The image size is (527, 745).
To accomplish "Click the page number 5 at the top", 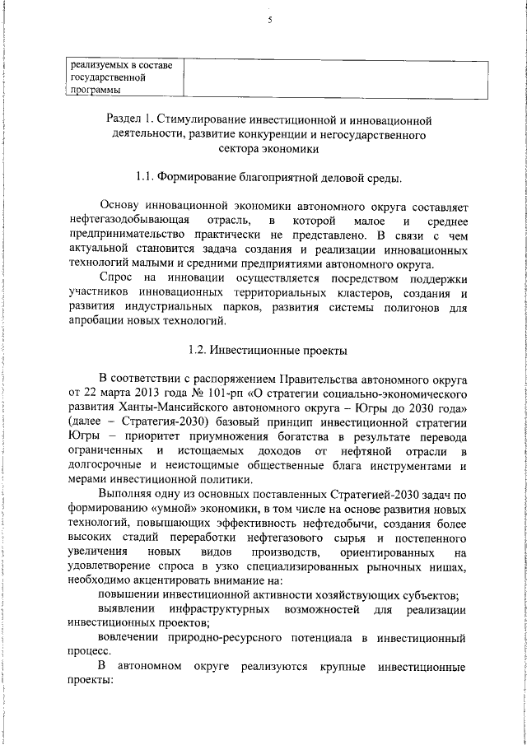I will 268,22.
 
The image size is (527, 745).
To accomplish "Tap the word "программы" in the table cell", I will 96,91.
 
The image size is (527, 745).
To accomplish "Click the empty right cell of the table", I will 326,77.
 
